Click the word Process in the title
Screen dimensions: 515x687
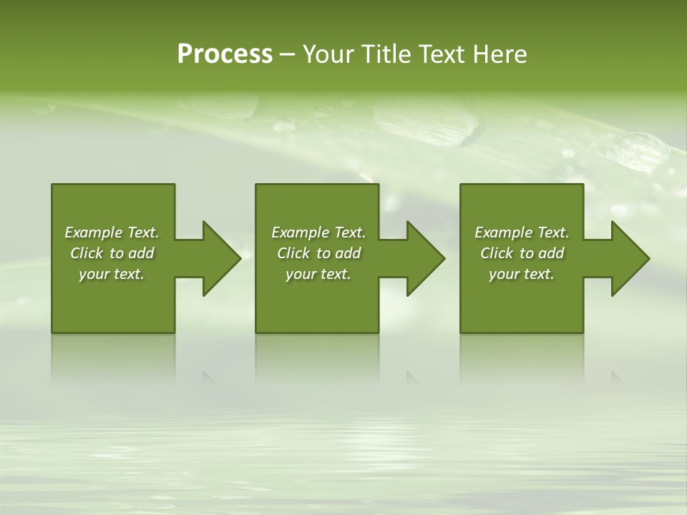pyautogui.click(x=225, y=54)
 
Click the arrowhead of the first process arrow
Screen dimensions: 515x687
pyautogui.click(x=222, y=258)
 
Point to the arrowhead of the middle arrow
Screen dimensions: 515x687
pyautogui.click(x=426, y=258)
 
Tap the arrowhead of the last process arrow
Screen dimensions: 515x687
pyautogui.click(x=630, y=258)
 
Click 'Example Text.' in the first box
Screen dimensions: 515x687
pyautogui.click(x=112, y=232)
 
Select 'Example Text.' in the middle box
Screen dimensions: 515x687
pyautogui.click(x=318, y=232)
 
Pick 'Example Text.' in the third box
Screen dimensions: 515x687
pyautogui.click(x=522, y=232)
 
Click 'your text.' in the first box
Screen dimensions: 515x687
pyautogui.click(x=112, y=274)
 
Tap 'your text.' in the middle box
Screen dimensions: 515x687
pyautogui.click(x=318, y=274)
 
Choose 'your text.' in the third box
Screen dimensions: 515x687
pyautogui.click(x=522, y=274)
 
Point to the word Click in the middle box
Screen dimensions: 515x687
pyautogui.click(x=294, y=253)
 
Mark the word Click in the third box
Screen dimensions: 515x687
pyautogui.click(x=497, y=253)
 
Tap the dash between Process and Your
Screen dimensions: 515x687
pyautogui.click(x=287, y=55)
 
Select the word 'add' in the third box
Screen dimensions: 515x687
pyautogui.click(x=551, y=253)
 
